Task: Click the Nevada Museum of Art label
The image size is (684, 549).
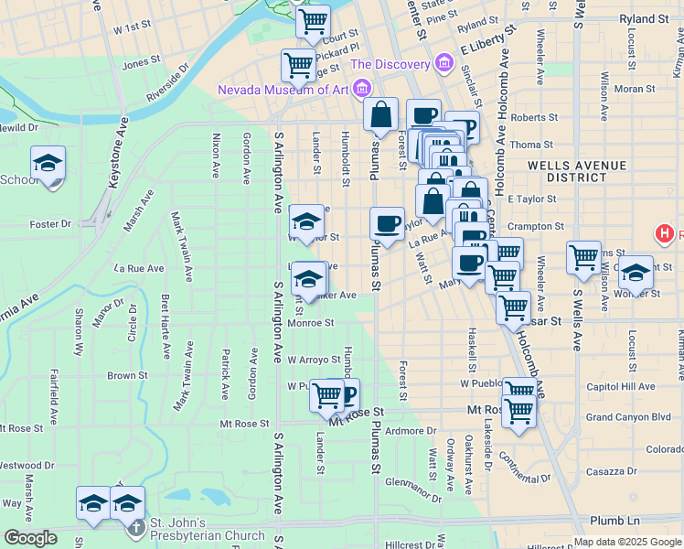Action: click(x=283, y=89)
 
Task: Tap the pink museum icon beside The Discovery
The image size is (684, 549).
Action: click(x=444, y=63)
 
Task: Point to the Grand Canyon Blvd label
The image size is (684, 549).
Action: click(x=628, y=417)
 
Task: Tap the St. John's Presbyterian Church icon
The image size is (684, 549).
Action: click(x=135, y=528)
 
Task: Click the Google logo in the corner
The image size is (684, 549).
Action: click(x=30, y=539)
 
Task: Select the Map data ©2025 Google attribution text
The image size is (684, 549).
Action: click(x=627, y=542)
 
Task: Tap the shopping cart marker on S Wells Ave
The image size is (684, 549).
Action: click(x=583, y=257)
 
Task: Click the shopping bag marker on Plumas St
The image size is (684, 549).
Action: click(x=380, y=114)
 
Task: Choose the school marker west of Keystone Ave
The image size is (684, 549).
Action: click(x=48, y=163)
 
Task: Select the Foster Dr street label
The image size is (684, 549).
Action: click(x=50, y=224)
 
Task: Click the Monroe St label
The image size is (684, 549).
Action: click(x=310, y=322)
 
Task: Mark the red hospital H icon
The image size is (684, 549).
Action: click(x=665, y=234)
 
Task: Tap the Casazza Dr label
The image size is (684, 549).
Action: click(x=612, y=470)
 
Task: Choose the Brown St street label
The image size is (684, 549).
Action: click(x=127, y=375)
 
